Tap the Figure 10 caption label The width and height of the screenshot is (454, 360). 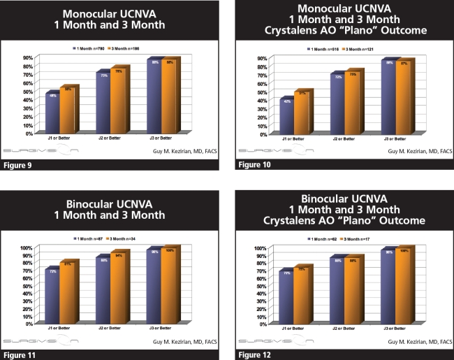pyautogui.click(x=256, y=166)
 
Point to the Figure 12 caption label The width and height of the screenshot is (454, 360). pyautogui.click(x=256, y=355)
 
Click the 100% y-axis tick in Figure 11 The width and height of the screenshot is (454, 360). pyautogui.click(x=27, y=248)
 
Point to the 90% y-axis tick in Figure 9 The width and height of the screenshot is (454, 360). pyautogui.click(x=28, y=58)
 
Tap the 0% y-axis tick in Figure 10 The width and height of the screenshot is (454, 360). pyautogui.click(x=263, y=133)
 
